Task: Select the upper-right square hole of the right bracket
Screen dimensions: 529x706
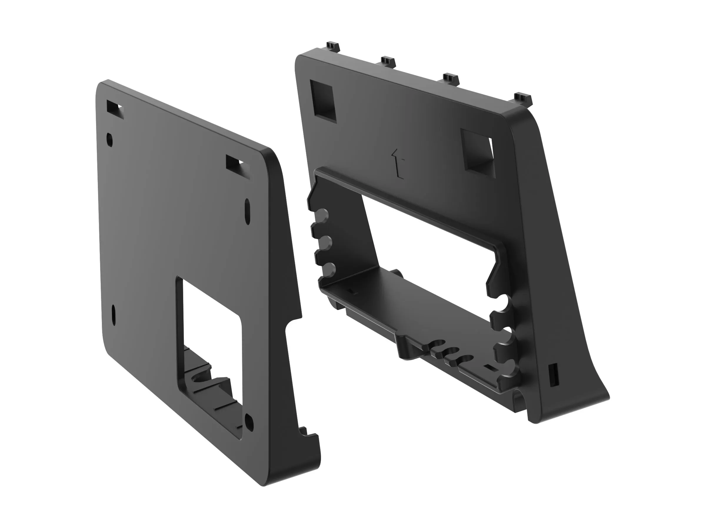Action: [x=478, y=152]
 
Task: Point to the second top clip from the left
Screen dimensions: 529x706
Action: [x=388, y=61]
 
